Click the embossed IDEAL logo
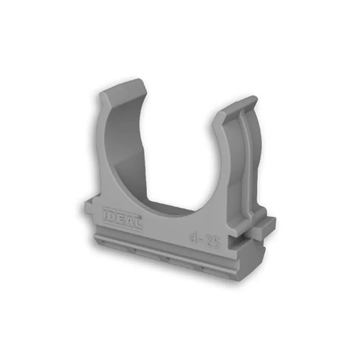(x=122, y=217)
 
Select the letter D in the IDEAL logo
(x=112, y=217)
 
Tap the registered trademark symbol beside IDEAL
(x=141, y=217)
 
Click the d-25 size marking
(x=204, y=240)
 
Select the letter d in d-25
(x=194, y=238)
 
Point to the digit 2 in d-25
(x=209, y=241)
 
